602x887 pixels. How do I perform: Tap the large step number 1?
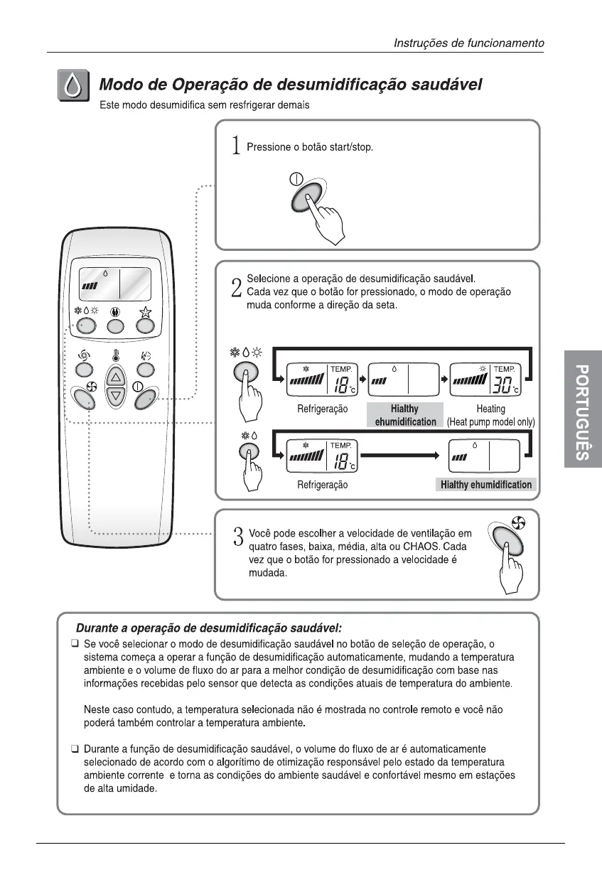point(236,146)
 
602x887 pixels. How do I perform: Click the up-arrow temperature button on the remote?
point(115,377)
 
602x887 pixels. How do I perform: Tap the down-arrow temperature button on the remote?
point(115,396)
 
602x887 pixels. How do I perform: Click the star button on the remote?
point(146,325)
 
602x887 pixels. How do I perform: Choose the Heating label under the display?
point(490,409)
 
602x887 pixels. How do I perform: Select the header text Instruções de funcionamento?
point(469,43)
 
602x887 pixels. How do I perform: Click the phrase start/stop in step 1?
point(348,147)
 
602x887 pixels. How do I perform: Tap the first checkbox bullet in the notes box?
point(74,643)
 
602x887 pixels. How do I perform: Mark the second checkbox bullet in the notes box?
point(74,749)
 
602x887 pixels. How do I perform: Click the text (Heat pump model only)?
point(490,422)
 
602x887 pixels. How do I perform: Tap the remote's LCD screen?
point(114,284)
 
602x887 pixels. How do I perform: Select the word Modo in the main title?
point(122,85)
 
